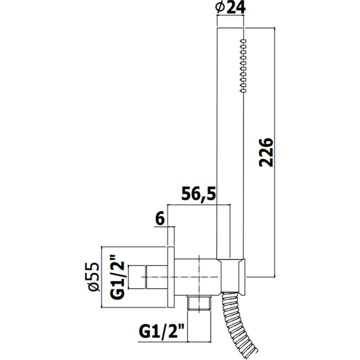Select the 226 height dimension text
click(x=266, y=152)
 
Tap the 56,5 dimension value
click(x=199, y=194)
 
